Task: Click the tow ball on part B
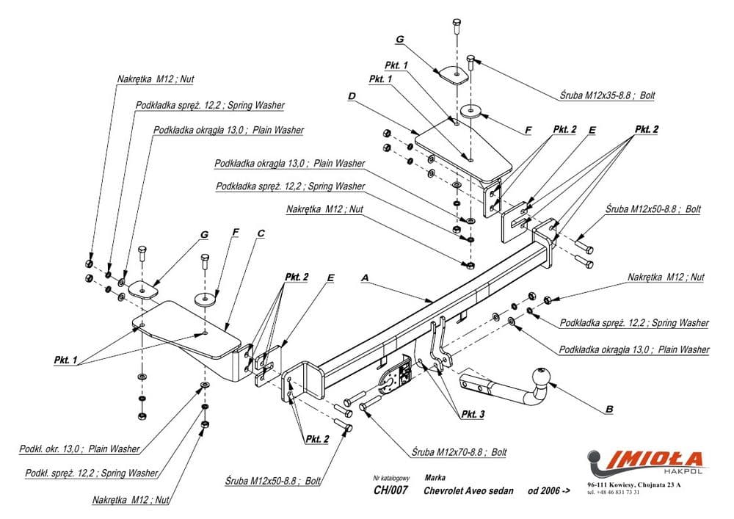pyautogui.click(x=542, y=376)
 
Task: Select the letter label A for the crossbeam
pyautogui.click(x=364, y=278)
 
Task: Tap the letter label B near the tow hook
pyautogui.click(x=609, y=408)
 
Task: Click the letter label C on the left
pyautogui.click(x=261, y=233)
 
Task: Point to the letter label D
pyautogui.click(x=352, y=95)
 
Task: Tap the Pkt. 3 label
pyautogui.click(x=473, y=415)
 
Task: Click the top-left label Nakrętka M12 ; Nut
pyautogui.click(x=155, y=78)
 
